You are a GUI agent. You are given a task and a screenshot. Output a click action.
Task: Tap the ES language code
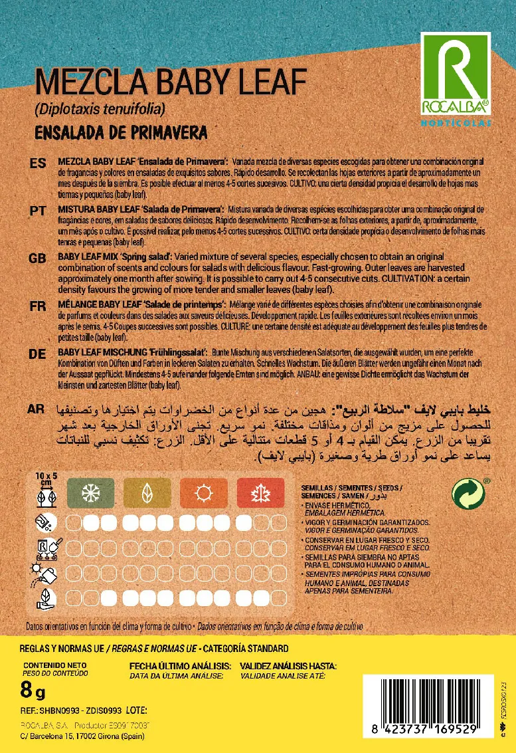click(x=37, y=163)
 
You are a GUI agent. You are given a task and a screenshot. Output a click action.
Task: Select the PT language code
click(x=37, y=210)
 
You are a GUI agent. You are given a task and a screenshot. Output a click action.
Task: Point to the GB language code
click(x=37, y=258)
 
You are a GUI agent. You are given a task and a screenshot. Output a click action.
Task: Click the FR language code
click(x=37, y=305)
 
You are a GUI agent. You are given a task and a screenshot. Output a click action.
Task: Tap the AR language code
click(x=37, y=409)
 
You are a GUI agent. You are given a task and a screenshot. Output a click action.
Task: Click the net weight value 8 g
click(x=33, y=693)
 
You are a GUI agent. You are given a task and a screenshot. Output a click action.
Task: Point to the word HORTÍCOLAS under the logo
click(x=455, y=122)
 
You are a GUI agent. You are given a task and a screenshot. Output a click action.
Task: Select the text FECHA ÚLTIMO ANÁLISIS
click(x=180, y=666)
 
